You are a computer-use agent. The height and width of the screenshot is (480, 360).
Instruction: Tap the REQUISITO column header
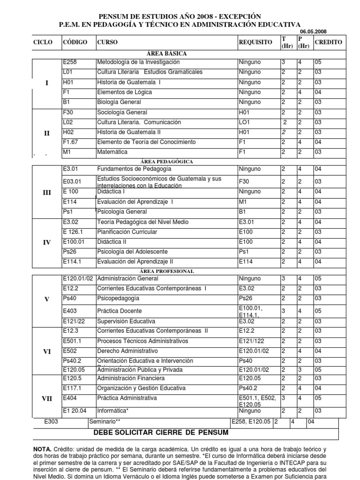coord(255,42)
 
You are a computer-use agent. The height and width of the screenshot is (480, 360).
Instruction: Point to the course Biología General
coord(118,102)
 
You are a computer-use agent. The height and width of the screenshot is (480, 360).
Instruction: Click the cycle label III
coord(46,192)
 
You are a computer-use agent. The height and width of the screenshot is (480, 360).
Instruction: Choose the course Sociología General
coord(122,112)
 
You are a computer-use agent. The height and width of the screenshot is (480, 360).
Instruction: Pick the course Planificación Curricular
coord(127,232)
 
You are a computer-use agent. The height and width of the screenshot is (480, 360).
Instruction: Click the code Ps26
coord(69,252)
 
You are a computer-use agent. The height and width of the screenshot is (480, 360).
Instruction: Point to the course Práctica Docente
coord(119,311)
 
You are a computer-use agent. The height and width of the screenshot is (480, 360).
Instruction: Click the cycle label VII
coord(46,398)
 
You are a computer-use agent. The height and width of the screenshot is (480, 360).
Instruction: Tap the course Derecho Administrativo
coord(127,351)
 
